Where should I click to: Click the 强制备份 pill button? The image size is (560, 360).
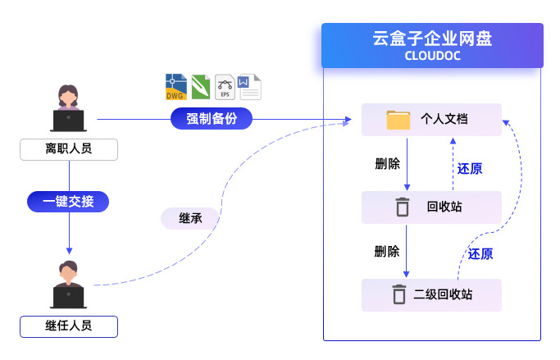pos(212,119)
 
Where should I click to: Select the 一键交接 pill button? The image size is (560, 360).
pos(68,201)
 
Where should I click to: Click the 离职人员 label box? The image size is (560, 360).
pos(69,149)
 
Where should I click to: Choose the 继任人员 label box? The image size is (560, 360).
pos(69,326)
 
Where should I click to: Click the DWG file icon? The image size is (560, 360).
pos(175,87)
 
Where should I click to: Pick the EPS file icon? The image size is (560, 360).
pos(225,87)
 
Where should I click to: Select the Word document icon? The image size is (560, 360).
pos(249,87)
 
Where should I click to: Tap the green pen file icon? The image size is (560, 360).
pos(201,87)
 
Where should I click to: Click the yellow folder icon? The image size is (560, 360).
pos(398,120)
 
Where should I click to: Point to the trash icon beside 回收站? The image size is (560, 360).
pos(402,207)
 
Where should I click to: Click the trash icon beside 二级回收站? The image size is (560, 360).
pos(398,294)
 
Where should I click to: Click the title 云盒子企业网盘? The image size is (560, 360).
pos(433,39)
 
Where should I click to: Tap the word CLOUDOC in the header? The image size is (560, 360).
pos(433,57)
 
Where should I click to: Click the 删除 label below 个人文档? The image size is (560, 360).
pos(387,163)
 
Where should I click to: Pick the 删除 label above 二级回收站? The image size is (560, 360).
pos(387,251)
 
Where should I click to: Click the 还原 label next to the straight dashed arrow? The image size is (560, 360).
pos(470,169)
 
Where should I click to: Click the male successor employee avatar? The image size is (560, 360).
pos(69,284)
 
